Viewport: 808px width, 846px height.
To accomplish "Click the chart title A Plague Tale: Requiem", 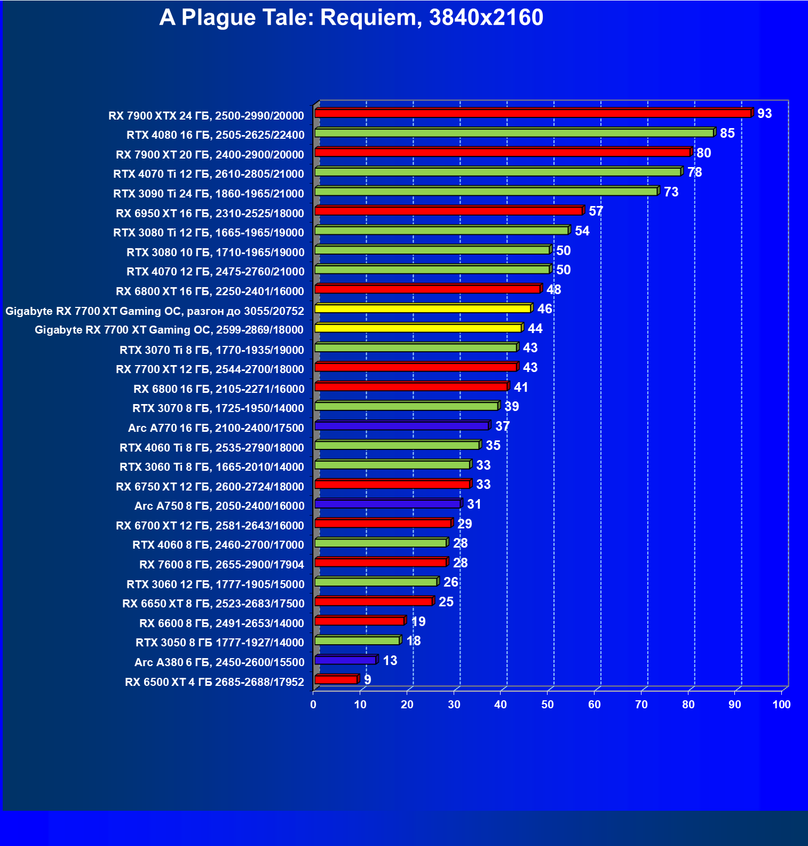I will click(x=351, y=18).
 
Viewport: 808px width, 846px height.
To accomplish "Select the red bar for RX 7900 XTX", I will click(x=533, y=113).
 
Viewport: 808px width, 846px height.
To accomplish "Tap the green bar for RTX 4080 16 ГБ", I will click(x=514, y=133).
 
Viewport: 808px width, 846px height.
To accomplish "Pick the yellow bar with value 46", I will click(x=423, y=309).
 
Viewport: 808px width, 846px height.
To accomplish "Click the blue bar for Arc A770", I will click(x=402, y=426).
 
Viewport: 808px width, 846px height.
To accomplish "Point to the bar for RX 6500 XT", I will click(x=336, y=679).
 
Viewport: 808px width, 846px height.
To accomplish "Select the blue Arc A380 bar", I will click(x=345, y=660).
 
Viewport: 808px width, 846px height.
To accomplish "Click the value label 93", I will click(x=764, y=113).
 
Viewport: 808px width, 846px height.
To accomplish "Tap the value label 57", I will click(x=596, y=211).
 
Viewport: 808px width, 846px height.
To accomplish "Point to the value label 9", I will click(x=367, y=679).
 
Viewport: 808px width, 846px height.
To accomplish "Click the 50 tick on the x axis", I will click(x=548, y=705).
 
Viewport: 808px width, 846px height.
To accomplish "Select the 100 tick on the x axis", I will click(x=781, y=705).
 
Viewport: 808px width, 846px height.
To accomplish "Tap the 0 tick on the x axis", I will click(x=313, y=705).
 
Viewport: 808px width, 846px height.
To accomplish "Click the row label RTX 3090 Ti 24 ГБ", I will click(x=209, y=194).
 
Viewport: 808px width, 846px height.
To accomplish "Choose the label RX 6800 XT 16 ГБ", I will click(x=210, y=291).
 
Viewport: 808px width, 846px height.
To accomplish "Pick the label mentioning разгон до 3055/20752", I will click(x=155, y=311).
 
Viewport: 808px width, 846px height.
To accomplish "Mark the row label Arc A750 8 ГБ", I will click(x=219, y=506).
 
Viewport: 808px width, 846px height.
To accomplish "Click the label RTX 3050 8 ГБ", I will click(x=220, y=643).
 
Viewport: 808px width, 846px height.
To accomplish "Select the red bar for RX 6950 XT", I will click(x=448, y=211).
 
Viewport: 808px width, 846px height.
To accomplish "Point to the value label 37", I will click(x=502, y=426).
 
